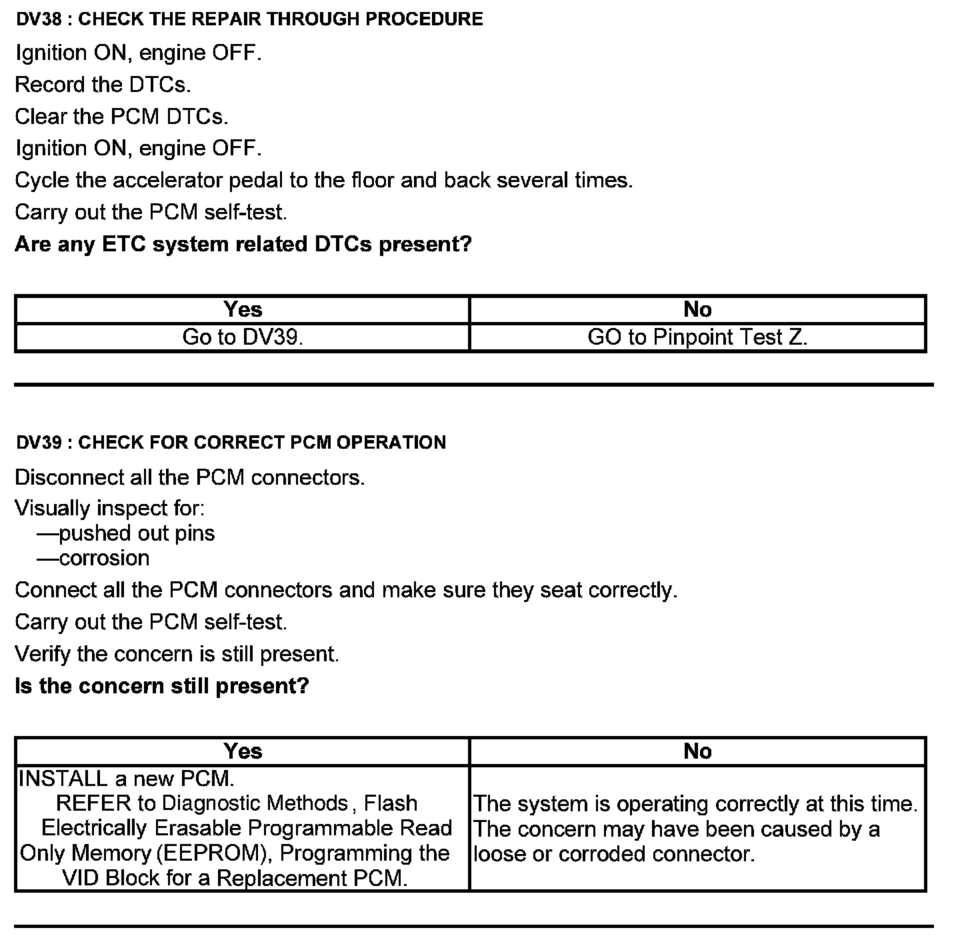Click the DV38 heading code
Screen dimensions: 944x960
(39, 19)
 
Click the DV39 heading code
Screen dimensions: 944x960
(39, 443)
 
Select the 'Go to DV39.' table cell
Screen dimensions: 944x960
(243, 337)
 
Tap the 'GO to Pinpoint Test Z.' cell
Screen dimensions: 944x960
(697, 337)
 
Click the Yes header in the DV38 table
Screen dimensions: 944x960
(243, 309)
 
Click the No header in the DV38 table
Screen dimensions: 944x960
(697, 309)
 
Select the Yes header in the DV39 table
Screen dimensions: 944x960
(243, 751)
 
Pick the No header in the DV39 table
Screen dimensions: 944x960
(697, 751)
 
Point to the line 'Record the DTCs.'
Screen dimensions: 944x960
(103, 85)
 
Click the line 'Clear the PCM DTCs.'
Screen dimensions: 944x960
(121, 117)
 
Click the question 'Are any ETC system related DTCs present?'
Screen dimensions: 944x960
(243, 245)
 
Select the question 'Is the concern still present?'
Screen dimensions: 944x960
(162, 686)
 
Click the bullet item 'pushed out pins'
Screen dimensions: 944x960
(137, 533)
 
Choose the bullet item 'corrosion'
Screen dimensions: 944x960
(104, 558)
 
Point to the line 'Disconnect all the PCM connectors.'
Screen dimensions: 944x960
(190, 477)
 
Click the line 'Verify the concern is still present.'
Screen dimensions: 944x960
(177, 654)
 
